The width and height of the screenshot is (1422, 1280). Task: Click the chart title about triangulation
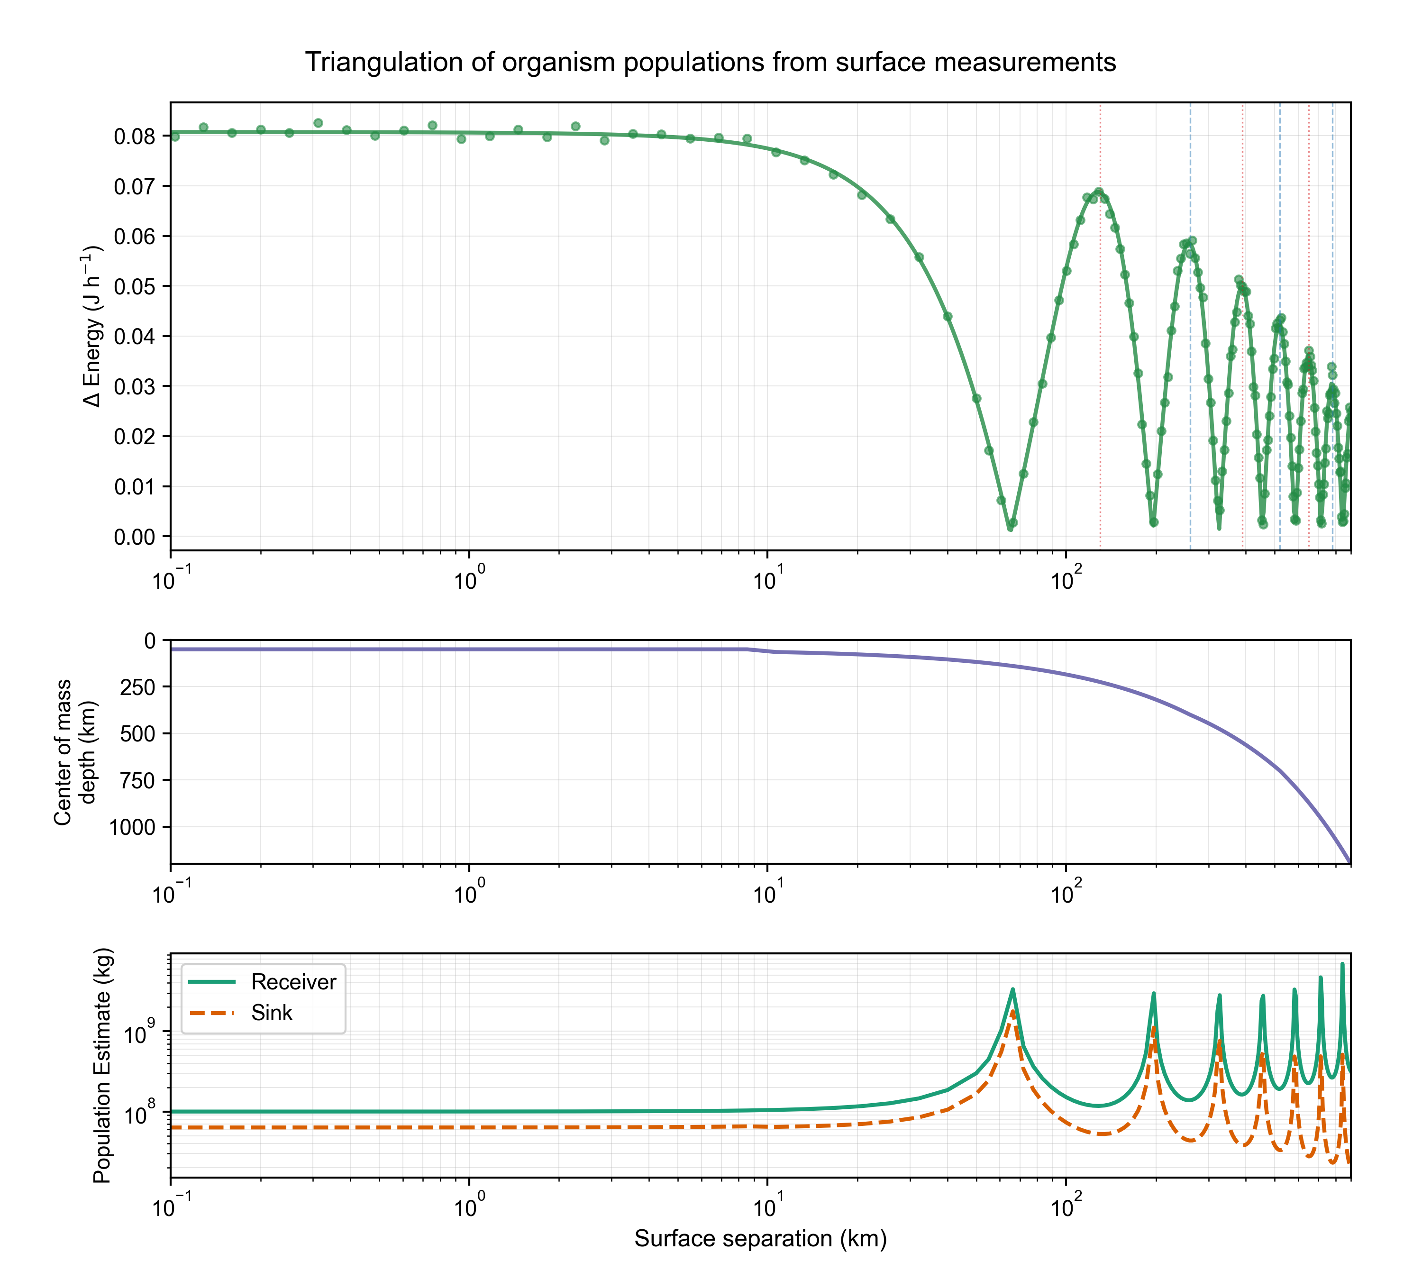[x=711, y=62]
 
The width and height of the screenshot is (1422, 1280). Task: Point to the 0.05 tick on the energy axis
[x=135, y=286]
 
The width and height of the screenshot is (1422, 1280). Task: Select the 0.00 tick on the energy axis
[x=135, y=537]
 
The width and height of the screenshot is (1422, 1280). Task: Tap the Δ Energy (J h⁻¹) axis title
[x=92, y=326]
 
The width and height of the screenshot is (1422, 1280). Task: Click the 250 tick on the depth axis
[x=138, y=687]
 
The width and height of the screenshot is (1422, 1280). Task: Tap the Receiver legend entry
[x=293, y=982]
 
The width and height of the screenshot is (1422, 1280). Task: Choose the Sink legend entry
[x=272, y=1013]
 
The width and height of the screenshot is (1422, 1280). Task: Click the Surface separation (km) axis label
[x=760, y=1238]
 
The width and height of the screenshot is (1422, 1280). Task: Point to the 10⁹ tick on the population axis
[x=141, y=1034]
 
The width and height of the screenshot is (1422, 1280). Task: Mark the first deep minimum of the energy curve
[x=1011, y=526]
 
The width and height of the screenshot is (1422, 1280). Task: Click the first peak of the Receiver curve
[x=1012, y=989]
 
